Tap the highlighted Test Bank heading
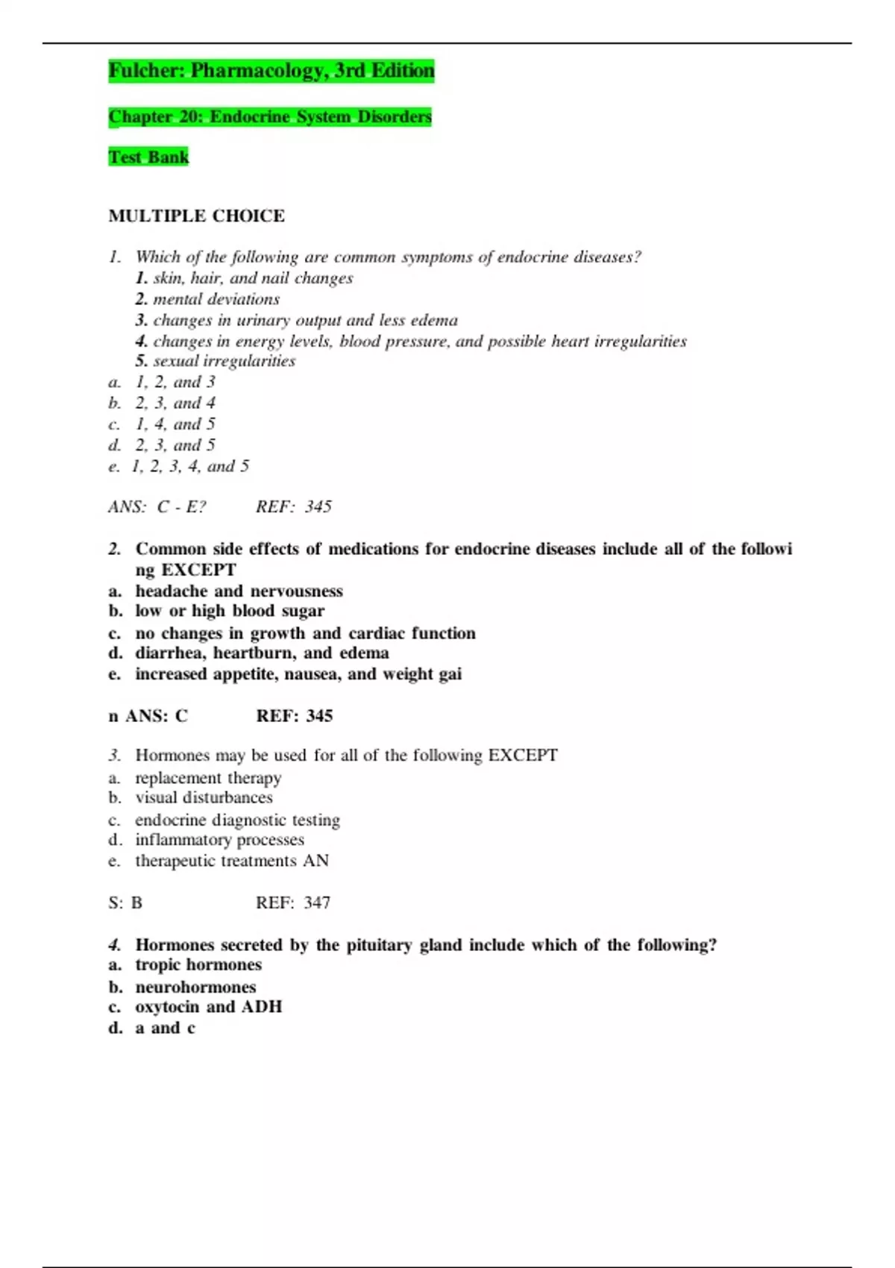pyautogui.click(x=148, y=157)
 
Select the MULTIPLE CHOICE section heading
pyautogui.click(x=196, y=216)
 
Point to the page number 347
pyautogui.click(x=316, y=903)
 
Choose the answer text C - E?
pyautogui.click(x=182, y=507)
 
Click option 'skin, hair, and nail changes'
pyautogui.click(x=253, y=278)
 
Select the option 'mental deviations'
pyautogui.click(x=216, y=299)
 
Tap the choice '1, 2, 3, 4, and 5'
pyautogui.click(x=190, y=467)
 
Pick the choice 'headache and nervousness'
pyautogui.click(x=239, y=591)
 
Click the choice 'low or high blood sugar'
pyautogui.click(x=230, y=611)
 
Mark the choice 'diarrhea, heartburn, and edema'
pyautogui.click(x=262, y=653)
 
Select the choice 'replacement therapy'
pyautogui.click(x=208, y=778)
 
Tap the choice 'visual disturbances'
pyautogui.click(x=204, y=798)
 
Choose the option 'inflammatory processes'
pyautogui.click(x=219, y=840)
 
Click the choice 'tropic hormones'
pyautogui.click(x=198, y=965)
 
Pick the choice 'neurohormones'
pyautogui.click(x=195, y=988)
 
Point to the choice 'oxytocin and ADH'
pyautogui.click(x=208, y=1007)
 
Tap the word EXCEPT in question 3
pyautogui.click(x=522, y=756)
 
